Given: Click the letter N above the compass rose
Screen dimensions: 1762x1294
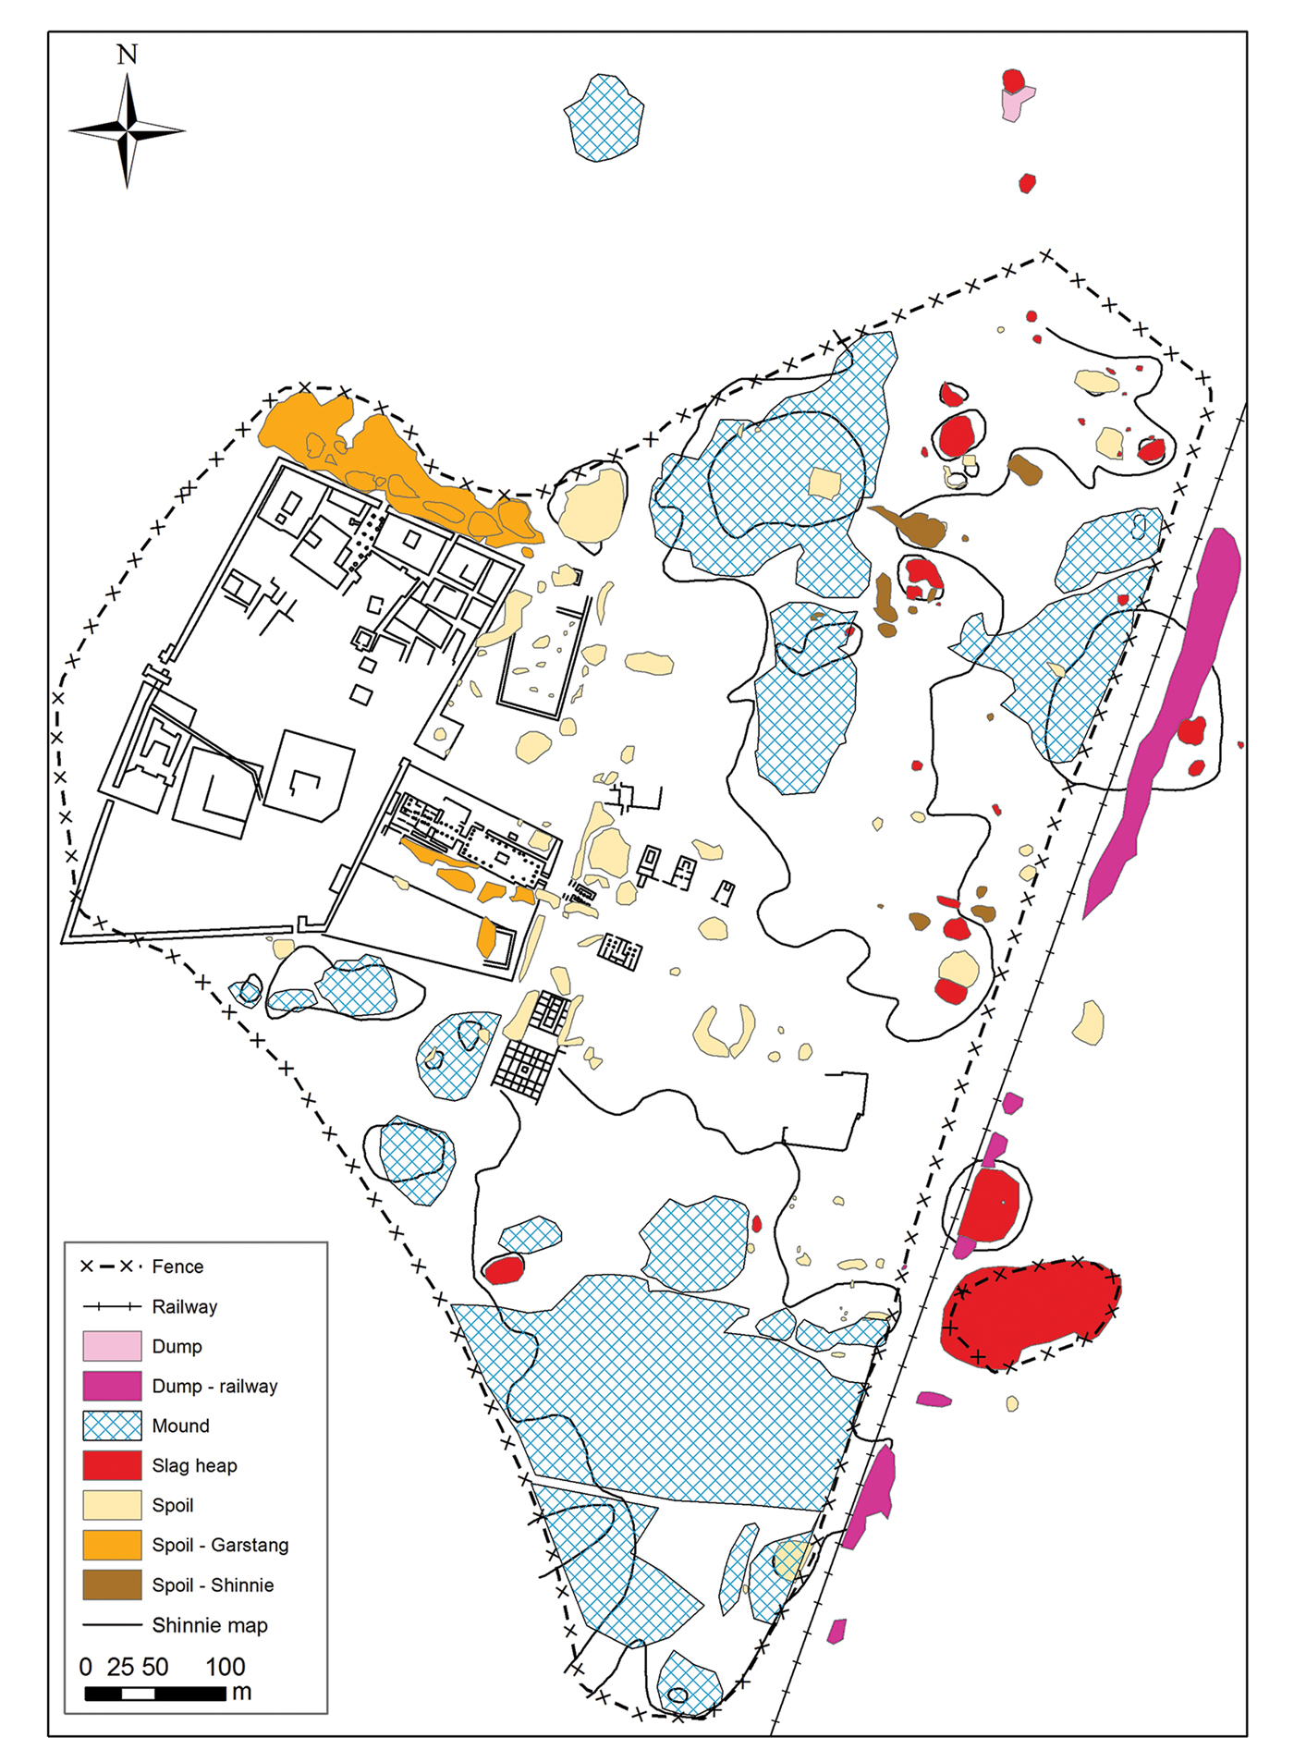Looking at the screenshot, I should click(128, 55).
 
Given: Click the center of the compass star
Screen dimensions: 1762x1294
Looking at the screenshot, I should click(128, 131).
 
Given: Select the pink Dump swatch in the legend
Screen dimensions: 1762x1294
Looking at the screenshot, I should click(112, 1346).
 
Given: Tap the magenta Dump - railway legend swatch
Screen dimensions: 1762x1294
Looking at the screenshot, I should click(112, 1386).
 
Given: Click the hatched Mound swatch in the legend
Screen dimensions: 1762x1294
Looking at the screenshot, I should click(112, 1426).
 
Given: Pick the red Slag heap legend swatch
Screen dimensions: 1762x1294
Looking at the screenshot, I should click(112, 1465).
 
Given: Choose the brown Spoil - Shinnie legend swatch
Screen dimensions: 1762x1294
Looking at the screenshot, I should click(112, 1585).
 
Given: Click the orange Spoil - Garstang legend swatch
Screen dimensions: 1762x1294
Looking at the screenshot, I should click(112, 1545).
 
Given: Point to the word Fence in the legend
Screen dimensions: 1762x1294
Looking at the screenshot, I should click(177, 1266).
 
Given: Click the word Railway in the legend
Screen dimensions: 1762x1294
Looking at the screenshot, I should click(185, 1306).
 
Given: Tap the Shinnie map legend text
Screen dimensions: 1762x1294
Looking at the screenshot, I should click(210, 1625).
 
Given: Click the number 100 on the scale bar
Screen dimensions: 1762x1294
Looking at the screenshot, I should click(225, 1667).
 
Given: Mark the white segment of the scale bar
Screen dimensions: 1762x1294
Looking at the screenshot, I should click(138, 1694).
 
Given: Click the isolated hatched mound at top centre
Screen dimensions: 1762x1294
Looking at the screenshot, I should click(604, 118).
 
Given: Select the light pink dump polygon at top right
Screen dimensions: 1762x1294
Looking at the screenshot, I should click(1013, 105).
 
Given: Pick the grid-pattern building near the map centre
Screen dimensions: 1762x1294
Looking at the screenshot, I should click(524, 1069).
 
